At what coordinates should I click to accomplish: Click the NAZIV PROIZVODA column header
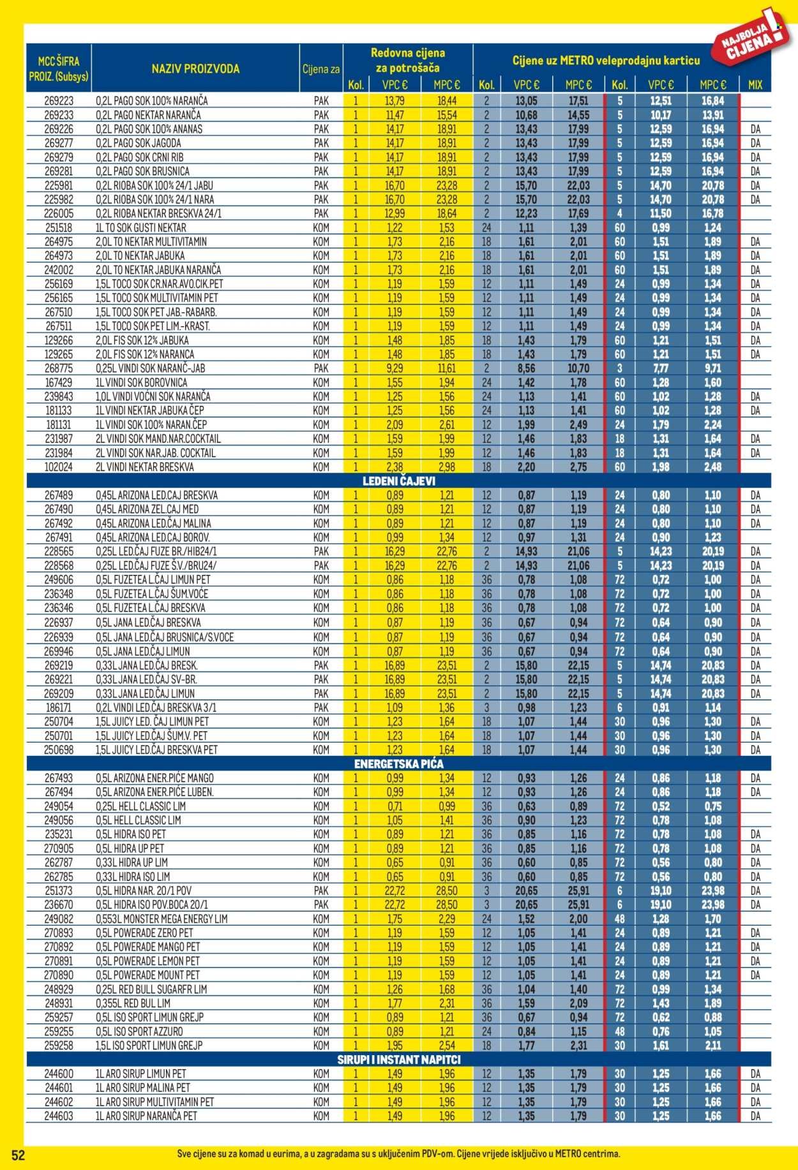(x=195, y=69)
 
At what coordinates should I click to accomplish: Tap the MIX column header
(x=755, y=84)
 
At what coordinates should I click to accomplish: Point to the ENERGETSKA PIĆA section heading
(x=398, y=764)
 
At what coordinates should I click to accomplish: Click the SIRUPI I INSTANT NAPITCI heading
(x=398, y=1060)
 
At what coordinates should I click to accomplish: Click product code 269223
(x=59, y=101)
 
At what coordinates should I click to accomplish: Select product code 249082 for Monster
(x=59, y=919)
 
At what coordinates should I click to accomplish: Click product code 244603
(x=59, y=1116)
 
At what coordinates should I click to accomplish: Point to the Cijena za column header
(x=320, y=69)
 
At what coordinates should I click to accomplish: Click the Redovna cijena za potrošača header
(x=407, y=60)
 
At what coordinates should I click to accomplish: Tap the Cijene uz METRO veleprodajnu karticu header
(x=606, y=61)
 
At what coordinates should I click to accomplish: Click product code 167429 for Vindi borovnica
(x=59, y=383)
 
